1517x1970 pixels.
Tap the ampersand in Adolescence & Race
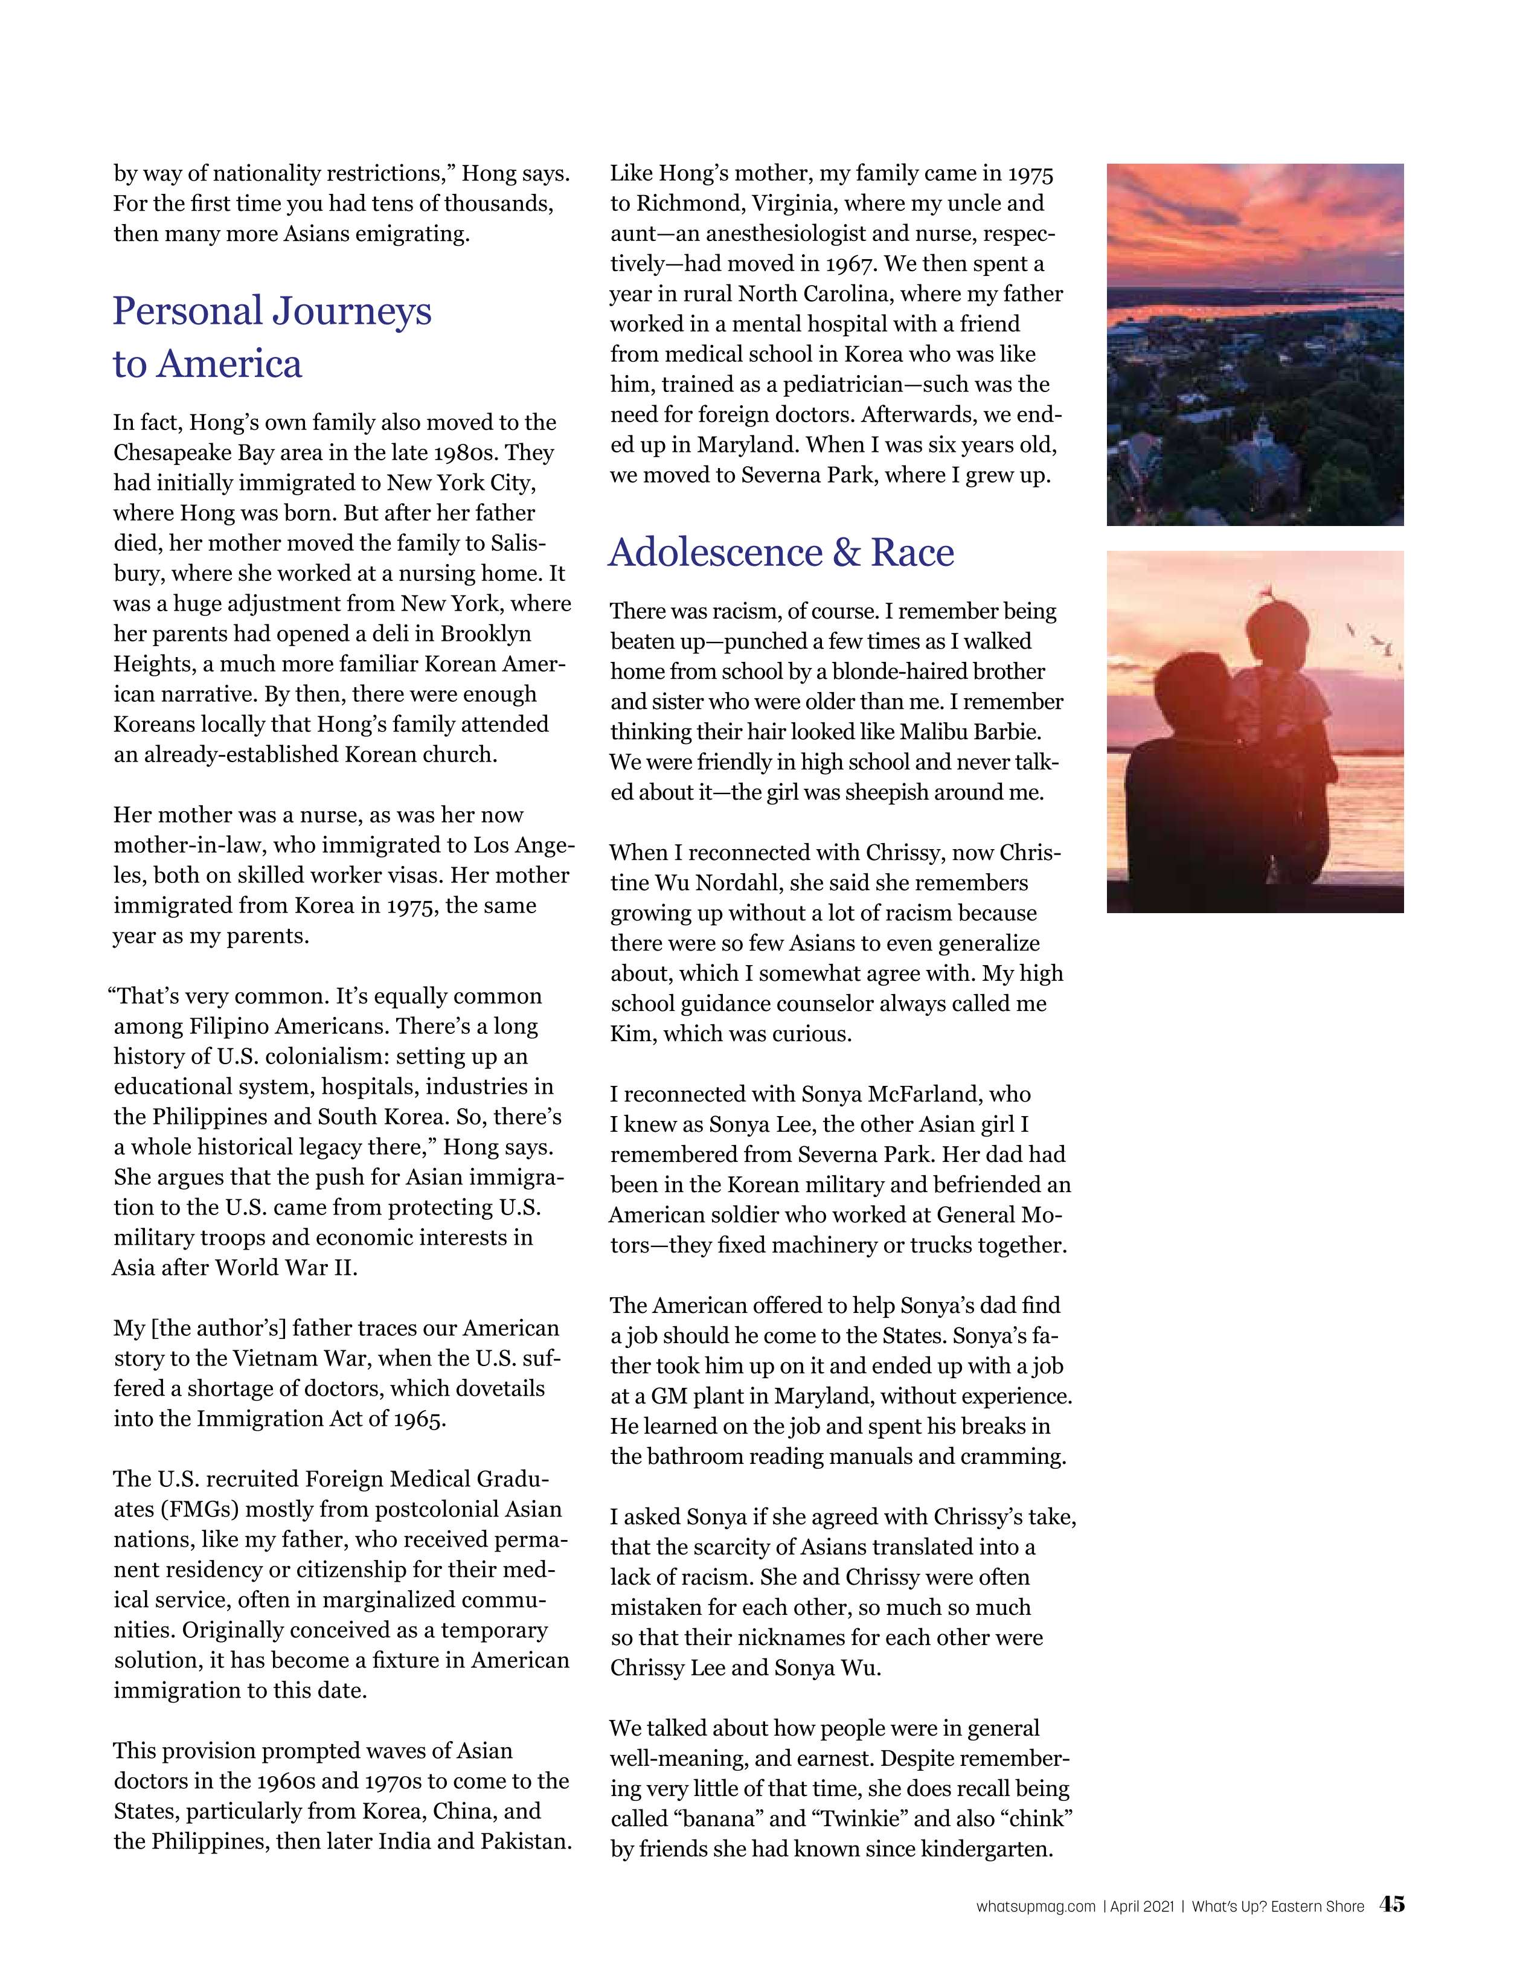point(846,553)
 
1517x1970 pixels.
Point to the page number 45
point(1391,1904)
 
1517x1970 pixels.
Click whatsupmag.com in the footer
point(1035,1906)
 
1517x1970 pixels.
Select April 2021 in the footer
point(1142,1906)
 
